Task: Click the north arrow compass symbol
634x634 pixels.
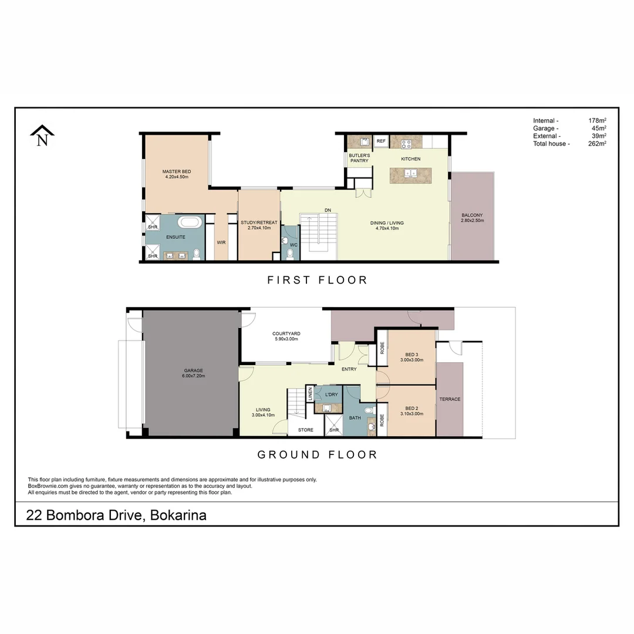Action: [x=42, y=136]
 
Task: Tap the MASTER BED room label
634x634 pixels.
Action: [x=176, y=171]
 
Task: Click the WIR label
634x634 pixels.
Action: [x=221, y=242]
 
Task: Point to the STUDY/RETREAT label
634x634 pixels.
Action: [x=259, y=222]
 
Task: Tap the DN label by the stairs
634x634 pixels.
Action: [x=328, y=210]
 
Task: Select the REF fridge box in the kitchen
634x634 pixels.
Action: [x=380, y=141]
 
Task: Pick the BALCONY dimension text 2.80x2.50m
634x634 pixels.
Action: [x=472, y=220]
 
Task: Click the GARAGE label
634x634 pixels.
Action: [x=193, y=370]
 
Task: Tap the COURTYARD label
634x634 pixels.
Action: [x=286, y=333]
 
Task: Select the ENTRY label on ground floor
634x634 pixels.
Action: [x=349, y=369]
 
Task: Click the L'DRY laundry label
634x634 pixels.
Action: [x=331, y=394]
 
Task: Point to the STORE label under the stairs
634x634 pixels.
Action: [x=305, y=430]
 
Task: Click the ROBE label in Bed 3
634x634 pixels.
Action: [x=382, y=348]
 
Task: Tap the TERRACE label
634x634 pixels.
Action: [x=450, y=399]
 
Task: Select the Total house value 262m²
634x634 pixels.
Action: [x=597, y=143]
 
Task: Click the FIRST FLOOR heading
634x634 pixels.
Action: [x=317, y=280]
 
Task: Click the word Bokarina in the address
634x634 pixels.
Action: [x=178, y=515]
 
